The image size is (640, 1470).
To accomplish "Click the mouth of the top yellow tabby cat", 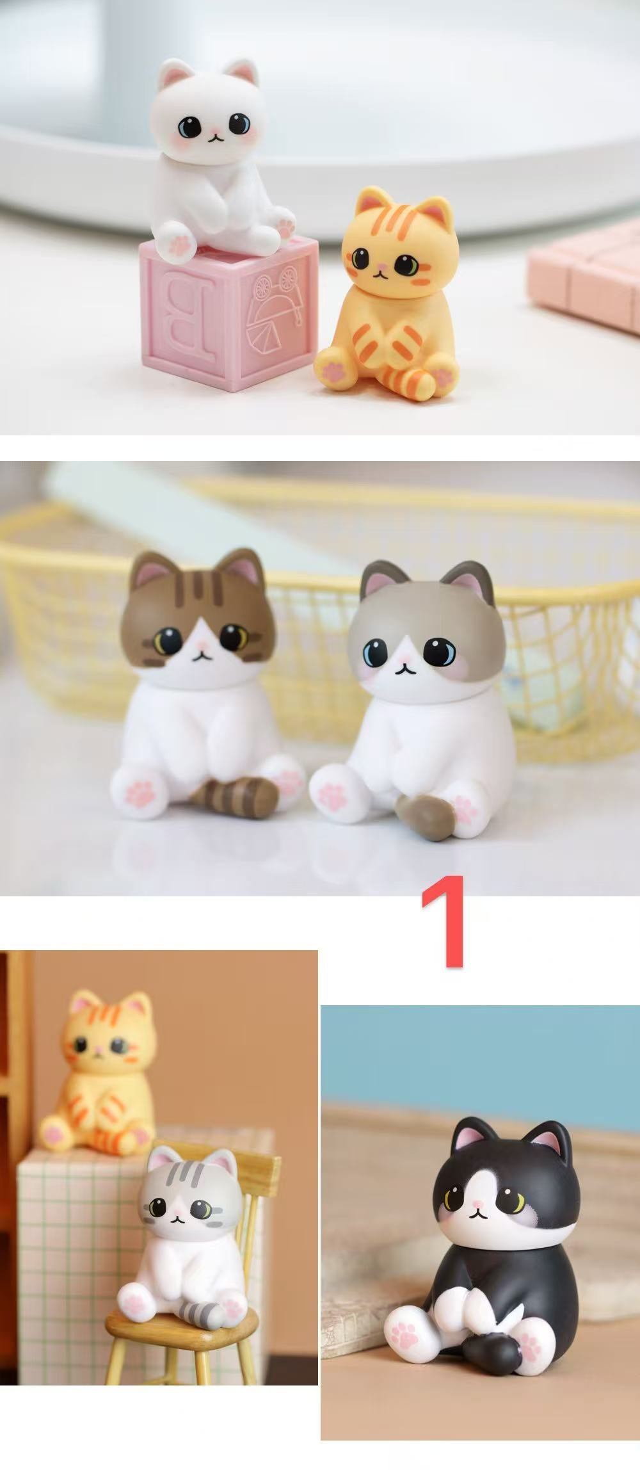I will (x=379, y=275).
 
